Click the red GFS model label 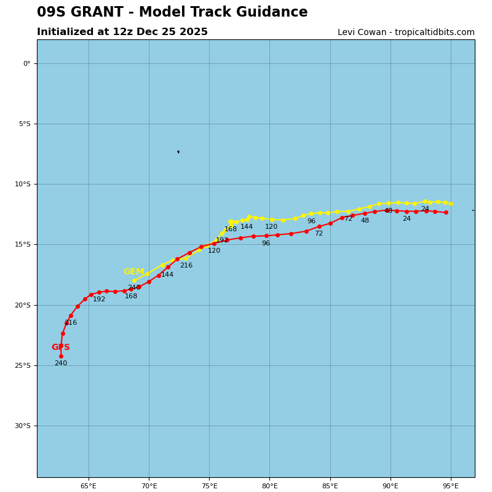pyautogui.click(x=60, y=347)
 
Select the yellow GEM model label pyautogui.click(x=133, y=272)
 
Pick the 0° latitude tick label pyautogui.click(x=26, y=63)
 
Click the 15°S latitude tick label pyautogui.click(x=23, y=244)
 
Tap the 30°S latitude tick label pyautogui.click(x=23, y=426)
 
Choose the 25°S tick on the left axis pyautogui.click(x=23, y=365)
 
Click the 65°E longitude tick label pyautogui.click(x=89, y=486)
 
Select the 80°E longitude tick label pyautogui.click(x=269, y=486)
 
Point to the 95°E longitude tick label pyautogui.click(x=451, y=486)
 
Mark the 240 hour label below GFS pyautogui.click(x=60, y=363)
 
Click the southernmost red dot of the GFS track pyautogui.click(x=61, y=356)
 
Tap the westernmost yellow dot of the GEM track pyautogui.click(x=134, y=280)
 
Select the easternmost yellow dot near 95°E pyautogui.click(x=451, y=204)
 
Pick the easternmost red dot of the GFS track pyautogui.click(x=446, y=213)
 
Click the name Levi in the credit pyautogui.click(x=347, y=33)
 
